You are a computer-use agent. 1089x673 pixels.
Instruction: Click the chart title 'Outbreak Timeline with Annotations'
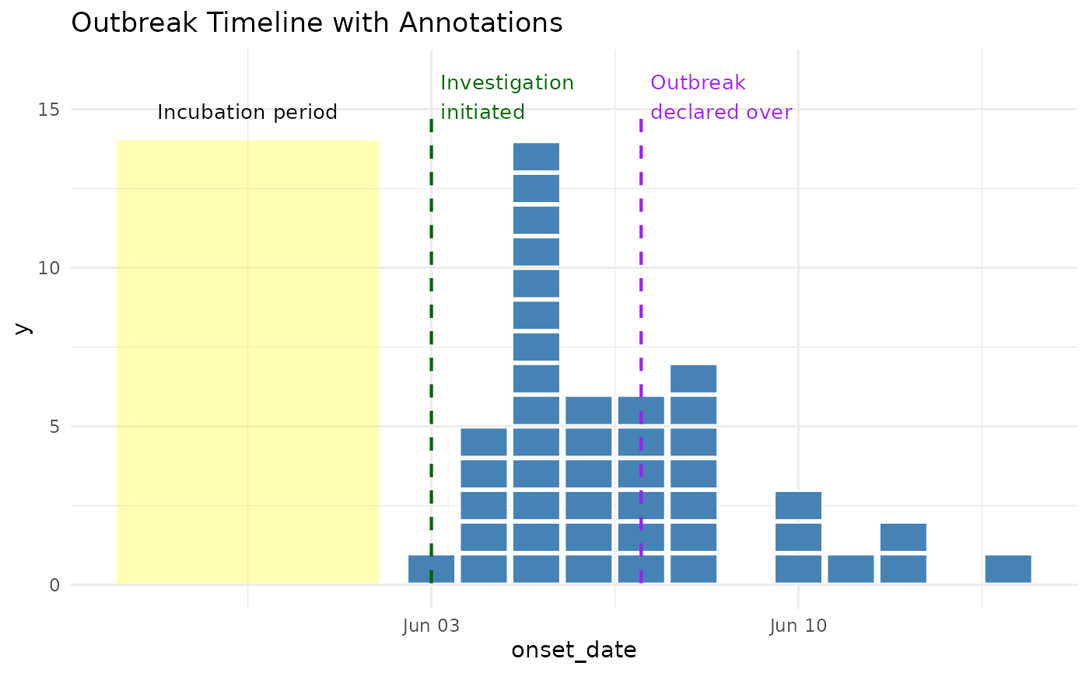(x=317, y=23)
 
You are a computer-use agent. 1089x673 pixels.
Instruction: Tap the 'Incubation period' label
(x=247, y=112)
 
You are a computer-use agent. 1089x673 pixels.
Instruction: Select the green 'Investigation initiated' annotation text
(x=507, y=97)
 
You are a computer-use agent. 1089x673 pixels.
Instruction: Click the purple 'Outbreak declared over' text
(x=721, y=97)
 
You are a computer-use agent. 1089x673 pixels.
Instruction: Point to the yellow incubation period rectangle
(x=247, y=362)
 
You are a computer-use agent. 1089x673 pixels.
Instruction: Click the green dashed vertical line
(x=431, y=350)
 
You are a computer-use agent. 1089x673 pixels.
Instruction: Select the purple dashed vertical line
(x=641, y=350)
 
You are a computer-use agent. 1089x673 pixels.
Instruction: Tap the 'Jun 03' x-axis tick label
(x=431, y=626)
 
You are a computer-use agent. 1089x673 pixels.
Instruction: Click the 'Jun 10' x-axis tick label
(x=798, y=626)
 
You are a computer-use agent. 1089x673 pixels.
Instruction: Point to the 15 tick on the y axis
(x=48, y=110)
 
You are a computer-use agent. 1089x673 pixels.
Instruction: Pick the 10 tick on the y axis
(x=48, y=268)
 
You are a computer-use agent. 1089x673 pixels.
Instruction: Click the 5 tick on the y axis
(x=54, y=427)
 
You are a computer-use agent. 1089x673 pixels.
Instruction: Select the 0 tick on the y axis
(x=54, y=585)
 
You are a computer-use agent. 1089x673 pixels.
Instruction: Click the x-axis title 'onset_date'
(x=574, y=650)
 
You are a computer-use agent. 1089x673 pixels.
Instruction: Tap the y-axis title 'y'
(x=23, y=329)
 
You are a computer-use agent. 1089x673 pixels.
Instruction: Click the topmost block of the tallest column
(x=536, y=156)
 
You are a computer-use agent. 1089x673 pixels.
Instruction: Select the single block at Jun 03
(x=431, y=569)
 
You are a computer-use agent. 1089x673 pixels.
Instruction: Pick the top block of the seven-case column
(x=693, y=378)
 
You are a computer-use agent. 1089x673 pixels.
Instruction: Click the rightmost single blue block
(x=1008, y=569)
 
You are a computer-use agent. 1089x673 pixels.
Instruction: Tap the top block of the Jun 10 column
(x=798, y=505)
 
